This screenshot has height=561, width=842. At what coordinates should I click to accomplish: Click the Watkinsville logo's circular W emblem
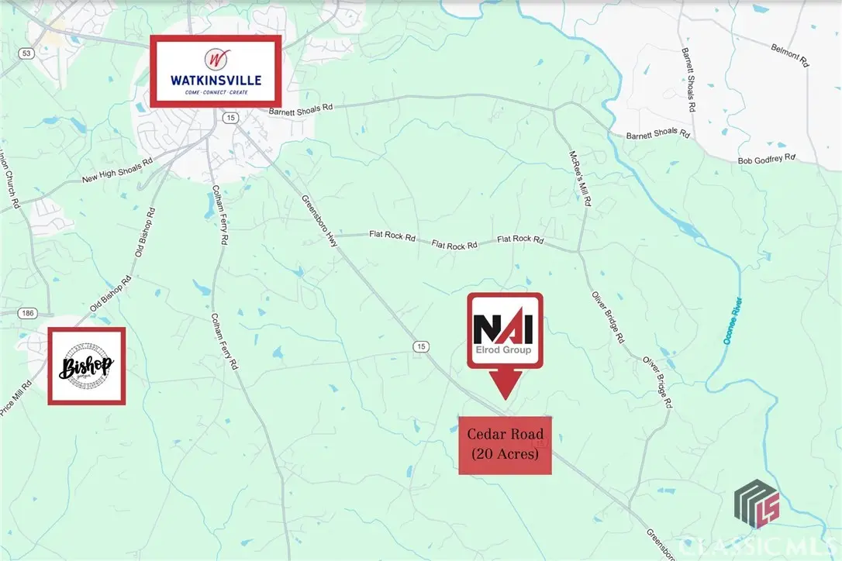coord(216,58)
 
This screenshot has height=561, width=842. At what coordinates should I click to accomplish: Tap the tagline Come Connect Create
coord(216,92)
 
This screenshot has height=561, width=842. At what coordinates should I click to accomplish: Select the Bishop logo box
coord(86,366)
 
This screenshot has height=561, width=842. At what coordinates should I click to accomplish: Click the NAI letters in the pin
coord(503,328)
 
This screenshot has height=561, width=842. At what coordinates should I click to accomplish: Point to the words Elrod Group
coord(503,350)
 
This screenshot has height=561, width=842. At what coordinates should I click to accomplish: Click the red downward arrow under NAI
coord(503,384)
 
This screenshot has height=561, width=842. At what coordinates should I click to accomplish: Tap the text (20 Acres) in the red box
coord(505,455)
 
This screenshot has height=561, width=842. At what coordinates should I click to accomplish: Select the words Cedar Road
coord(505,435)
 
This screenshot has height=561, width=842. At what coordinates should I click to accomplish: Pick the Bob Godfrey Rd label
coord(767,159)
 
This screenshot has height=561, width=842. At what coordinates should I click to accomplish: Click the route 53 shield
coord(27,53)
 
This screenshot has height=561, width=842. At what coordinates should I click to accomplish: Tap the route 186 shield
coord(28,312)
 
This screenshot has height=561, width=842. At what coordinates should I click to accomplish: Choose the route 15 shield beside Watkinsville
coord(229,117)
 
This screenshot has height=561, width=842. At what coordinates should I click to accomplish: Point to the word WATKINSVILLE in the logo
coord(216,79)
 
